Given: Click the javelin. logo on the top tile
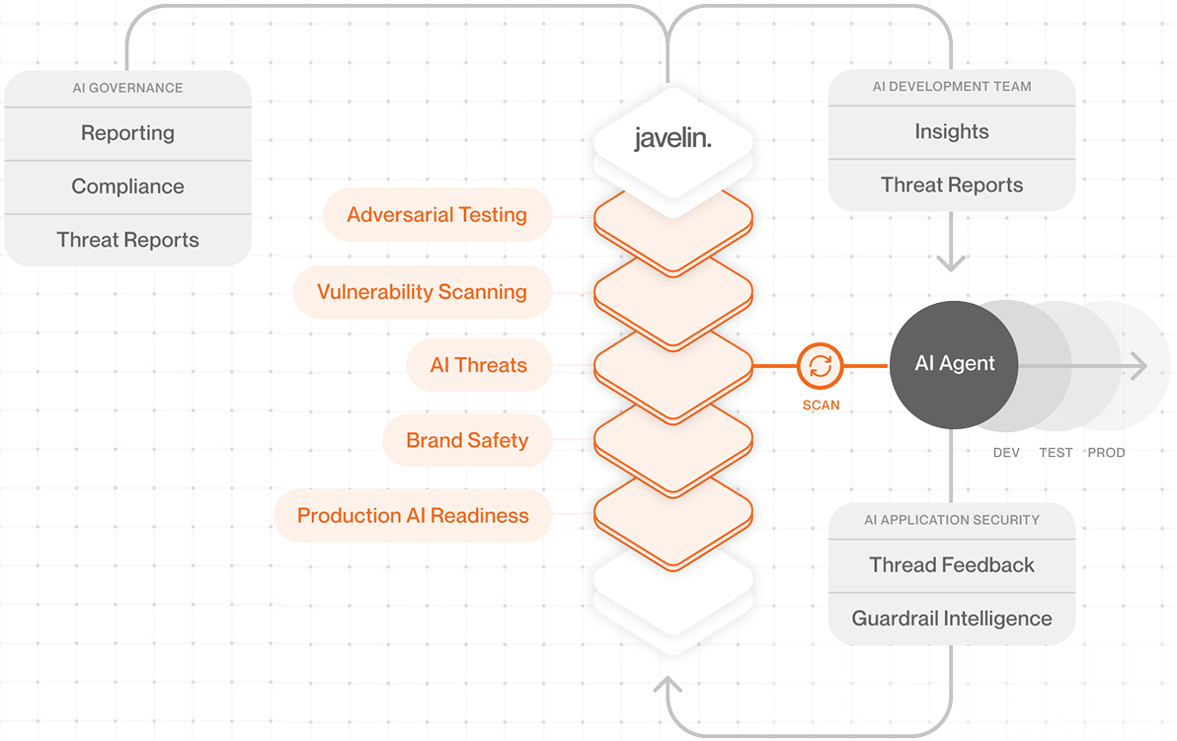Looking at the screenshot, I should point(672,139).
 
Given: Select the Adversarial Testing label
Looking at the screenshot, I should point(436,215).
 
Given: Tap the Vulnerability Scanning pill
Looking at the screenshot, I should point(422,292).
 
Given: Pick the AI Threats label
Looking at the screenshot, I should point(478,365).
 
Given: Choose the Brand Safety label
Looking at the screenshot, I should point(467,441).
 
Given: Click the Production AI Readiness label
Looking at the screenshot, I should point(413,516).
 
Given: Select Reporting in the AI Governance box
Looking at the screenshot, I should point(127,133).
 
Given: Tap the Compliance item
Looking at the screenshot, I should point(127,186).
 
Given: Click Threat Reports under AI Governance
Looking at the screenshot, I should point(127,240).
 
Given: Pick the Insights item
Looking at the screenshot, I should point(951,132).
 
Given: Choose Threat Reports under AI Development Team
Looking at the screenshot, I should point(951,185).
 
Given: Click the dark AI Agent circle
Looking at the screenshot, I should point(954,364).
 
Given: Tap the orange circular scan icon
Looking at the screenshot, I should point(820,366).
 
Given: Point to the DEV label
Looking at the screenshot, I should point(1006,453).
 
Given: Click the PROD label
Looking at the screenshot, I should point(1106,453).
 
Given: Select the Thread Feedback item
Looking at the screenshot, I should point(951,565).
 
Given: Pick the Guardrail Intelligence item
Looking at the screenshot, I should point(951,619).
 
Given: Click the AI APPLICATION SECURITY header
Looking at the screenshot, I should point(951,520).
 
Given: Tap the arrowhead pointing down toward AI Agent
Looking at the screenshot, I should point(951,263).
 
